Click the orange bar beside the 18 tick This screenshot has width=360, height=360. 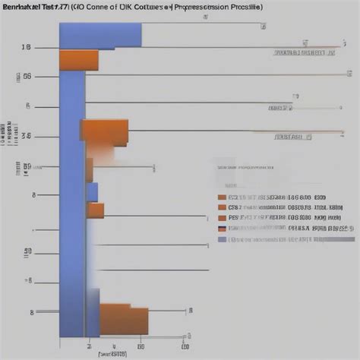[79, 60]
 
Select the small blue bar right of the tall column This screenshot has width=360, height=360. [92, 192]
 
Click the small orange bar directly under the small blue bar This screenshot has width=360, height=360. [95, 210]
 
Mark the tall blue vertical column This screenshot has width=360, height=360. [73, 190]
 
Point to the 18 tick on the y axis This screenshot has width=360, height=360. [27, 48]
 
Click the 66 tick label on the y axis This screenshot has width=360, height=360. [27, 76]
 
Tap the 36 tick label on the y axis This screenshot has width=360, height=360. [27, 137]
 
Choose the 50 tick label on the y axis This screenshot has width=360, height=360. [27, 251]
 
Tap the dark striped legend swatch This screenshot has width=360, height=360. [222, 228]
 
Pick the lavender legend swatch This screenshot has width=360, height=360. [222, 239]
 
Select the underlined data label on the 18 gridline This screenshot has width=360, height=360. [304, 54]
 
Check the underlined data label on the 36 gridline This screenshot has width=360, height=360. [292, 138]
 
